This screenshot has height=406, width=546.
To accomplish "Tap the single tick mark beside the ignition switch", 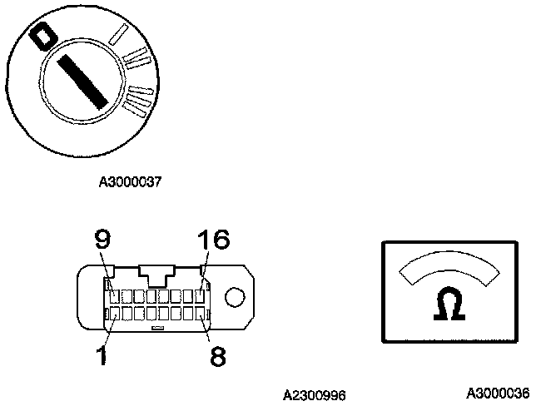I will click(120, 34).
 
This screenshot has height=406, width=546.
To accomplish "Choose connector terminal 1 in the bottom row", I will click(112, 314).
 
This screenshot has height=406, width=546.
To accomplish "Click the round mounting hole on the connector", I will click(236, 299).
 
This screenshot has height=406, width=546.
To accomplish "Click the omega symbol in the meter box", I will click(449, 306).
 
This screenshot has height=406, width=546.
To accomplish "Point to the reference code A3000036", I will click(497, 392).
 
